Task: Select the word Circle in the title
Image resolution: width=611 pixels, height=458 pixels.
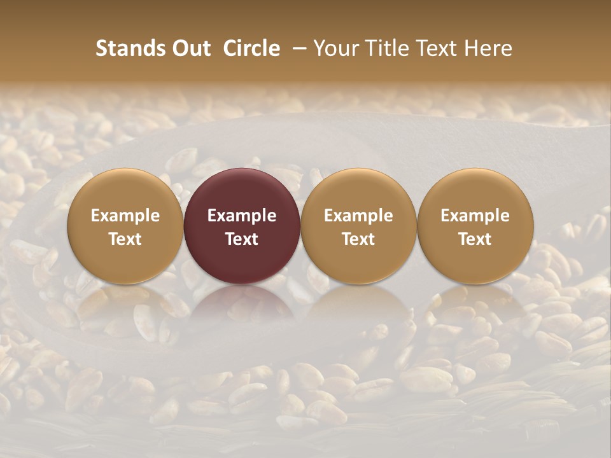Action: click(251, 48)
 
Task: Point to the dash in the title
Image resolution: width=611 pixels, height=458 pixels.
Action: click(297, 48)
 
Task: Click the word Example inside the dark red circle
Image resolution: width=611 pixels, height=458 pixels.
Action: click(242, 216)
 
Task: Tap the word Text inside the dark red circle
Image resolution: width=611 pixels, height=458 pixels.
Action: click(242, 239)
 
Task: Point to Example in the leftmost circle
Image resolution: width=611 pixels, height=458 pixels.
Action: click(125, 216)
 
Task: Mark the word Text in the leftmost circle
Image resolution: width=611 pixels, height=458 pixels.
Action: click(125, 239)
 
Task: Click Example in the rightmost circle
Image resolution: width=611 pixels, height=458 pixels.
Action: click(475, 216)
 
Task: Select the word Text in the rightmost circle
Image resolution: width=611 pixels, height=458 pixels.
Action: click(475, 239)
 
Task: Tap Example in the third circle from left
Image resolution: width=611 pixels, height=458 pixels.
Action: click(358, 216)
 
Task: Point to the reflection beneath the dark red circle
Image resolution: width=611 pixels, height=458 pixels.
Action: click(242, 305)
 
